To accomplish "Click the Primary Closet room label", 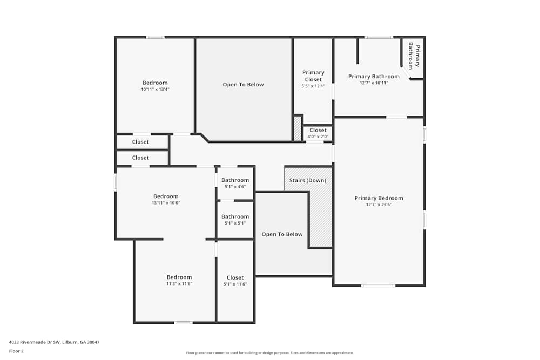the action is tap(313, 76).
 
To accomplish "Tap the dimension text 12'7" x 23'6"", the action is tap(379, 205).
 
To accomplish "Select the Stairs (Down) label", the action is tap(308, 180).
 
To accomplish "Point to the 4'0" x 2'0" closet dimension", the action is tap(318, 137).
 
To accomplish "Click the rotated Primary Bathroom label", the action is tap(414, 56).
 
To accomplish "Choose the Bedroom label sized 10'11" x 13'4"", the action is tap(155, 83).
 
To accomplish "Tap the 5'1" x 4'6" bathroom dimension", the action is tap(235, 187).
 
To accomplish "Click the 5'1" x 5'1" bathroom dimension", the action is tap(235, 223).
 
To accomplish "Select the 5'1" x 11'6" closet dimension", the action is tap(235, 284).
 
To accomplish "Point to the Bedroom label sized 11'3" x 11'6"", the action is tap(179, 277).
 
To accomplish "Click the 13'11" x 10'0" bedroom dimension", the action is tap(166, 203).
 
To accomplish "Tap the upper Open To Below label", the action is tap(243, 85).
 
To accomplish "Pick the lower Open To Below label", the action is tap(282, 234).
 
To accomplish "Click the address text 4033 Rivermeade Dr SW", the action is tap(35, 342).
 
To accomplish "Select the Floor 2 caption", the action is tap(16, 351).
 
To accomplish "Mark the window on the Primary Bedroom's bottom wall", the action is tap(378, 286).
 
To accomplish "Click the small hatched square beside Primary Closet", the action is tap(297, 128).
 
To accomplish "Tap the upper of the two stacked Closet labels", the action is tap(140, 142).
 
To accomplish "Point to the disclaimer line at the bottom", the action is tap(270, 353).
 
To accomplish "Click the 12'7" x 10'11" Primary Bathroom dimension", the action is tap(374, 83).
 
